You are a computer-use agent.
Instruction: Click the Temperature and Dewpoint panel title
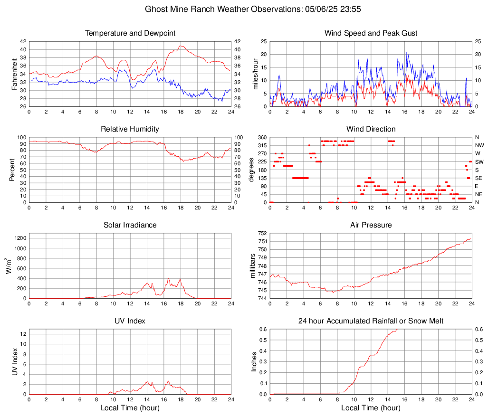pyautogui.click(x=130, y=33)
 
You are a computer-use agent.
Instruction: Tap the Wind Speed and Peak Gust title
pyautogui.click(x=371, y=33)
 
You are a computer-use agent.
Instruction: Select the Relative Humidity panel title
pyautogui.click(x=130, y=129)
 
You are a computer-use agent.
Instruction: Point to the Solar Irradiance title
pyautogui.click(x=130, y=225)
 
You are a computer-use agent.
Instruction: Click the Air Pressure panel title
pyautogui.click(x=371, y=225)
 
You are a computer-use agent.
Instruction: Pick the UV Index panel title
pyautogui.click(x=130, y=321)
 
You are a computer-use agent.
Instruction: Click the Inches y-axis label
pyautogui.click(x=255, y=362)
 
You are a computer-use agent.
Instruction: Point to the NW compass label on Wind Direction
pyautogui.click(x=479, y=145)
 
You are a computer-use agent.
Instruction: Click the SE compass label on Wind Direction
pyautogui.click(x=478, y=178)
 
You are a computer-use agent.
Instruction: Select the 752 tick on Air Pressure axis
pyautogui.click(x=262, y=234)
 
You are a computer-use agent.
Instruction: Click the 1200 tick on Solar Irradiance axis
pyautogui.click(x=20, y=236)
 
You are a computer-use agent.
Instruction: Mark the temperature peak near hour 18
pyautogui.click(x=181, y=46)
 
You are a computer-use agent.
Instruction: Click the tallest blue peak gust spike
pyautogui.click(x=407, y=52)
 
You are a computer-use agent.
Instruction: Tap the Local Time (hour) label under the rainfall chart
pyautogui.click(x=371, y=408)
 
